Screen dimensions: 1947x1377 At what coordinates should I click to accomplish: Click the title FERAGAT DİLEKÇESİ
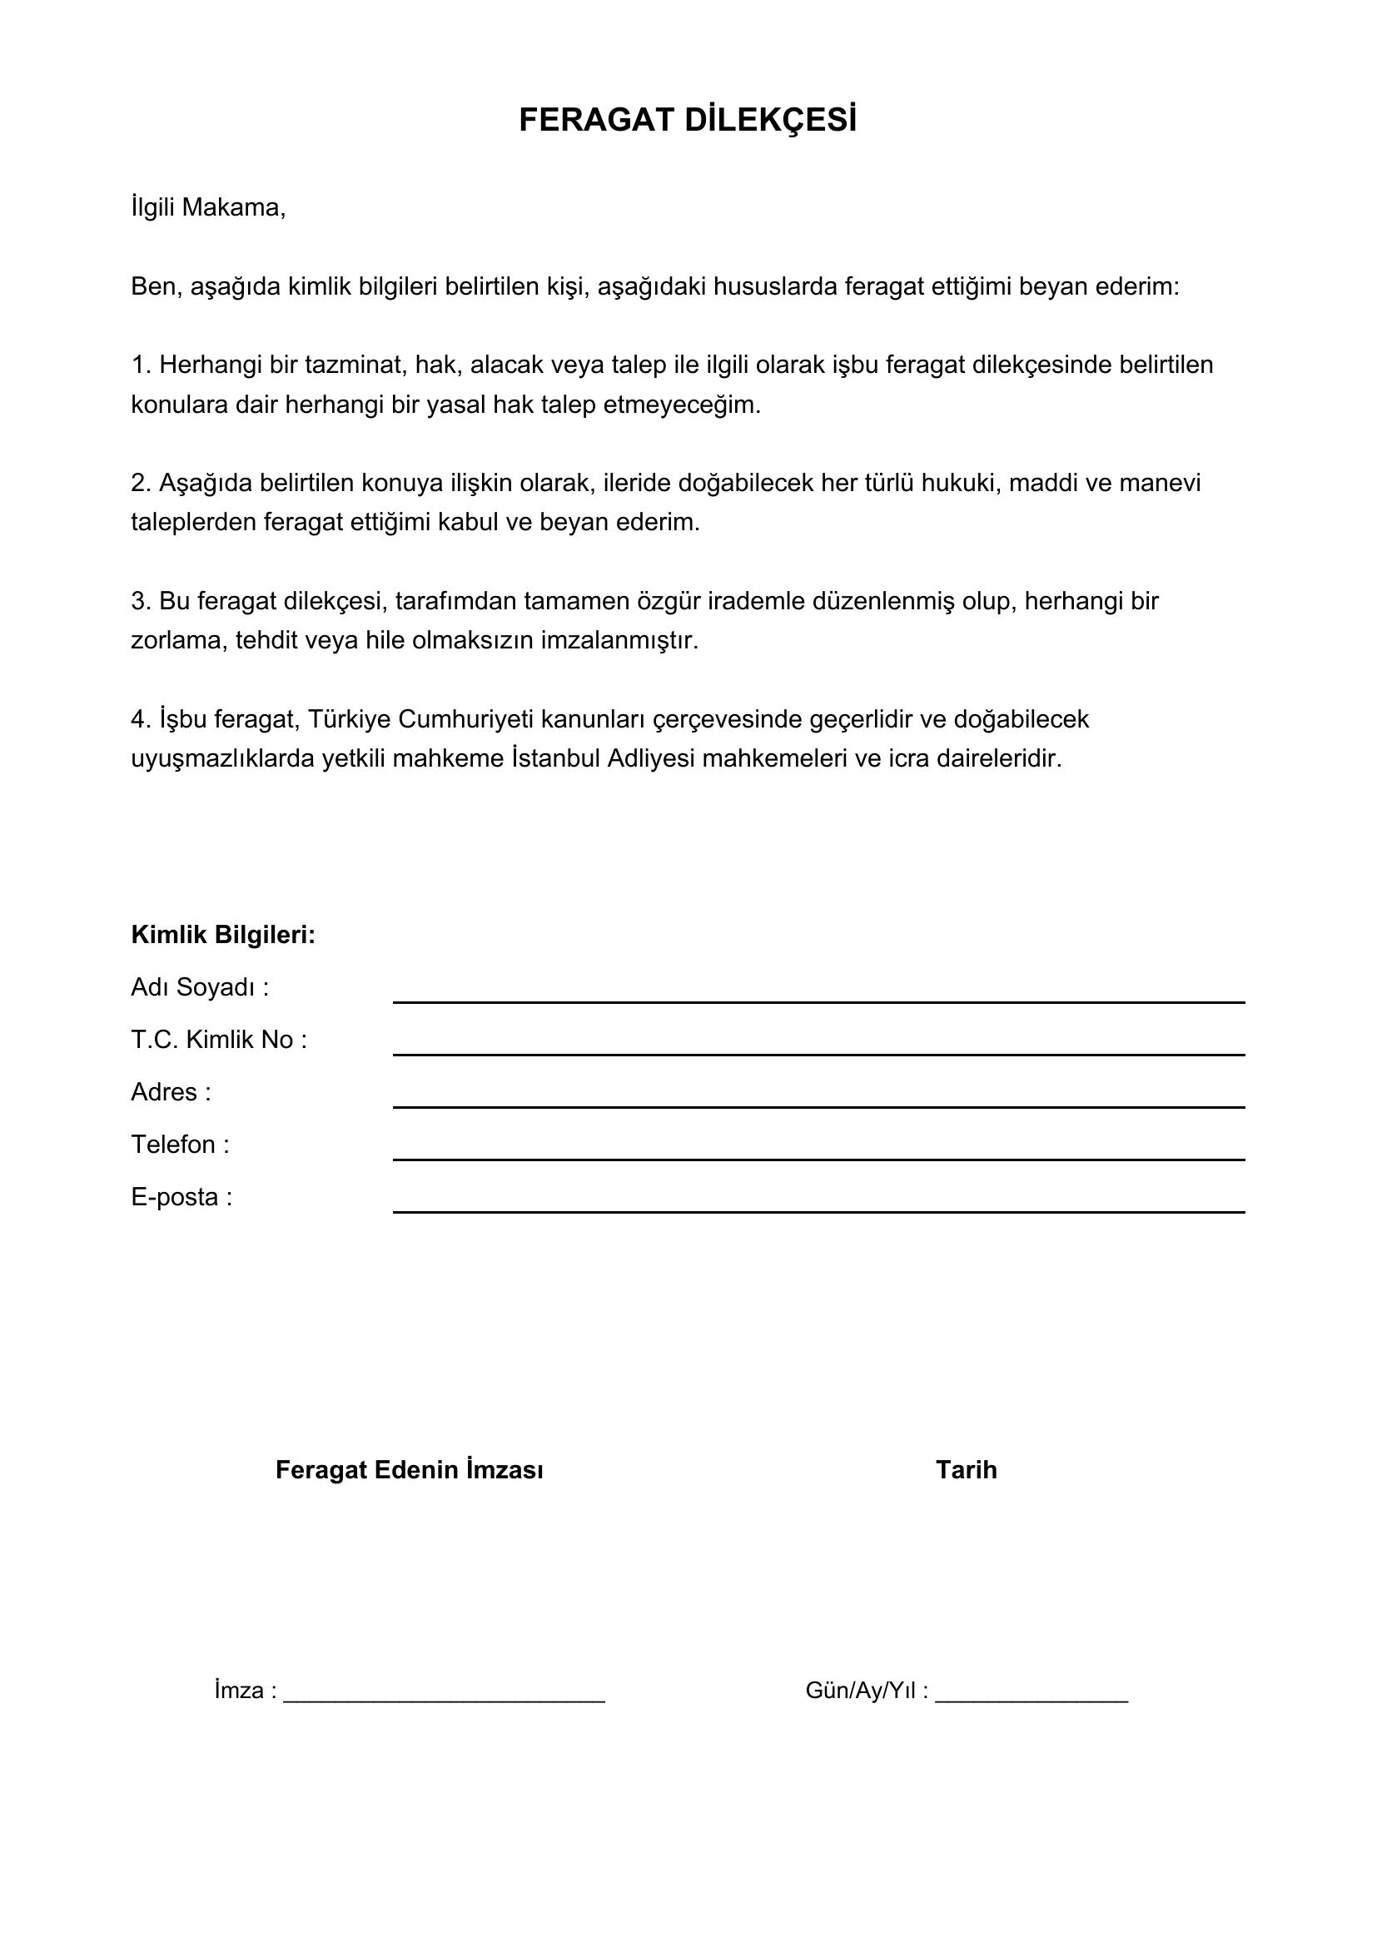688,122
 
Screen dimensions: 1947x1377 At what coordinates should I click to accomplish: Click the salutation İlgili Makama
208,208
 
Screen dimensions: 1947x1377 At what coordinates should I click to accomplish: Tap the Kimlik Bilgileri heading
223,935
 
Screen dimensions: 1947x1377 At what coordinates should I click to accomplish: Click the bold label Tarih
966,1469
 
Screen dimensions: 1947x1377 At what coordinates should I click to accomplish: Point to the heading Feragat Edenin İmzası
410,1469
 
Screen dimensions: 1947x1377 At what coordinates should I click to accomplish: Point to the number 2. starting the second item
141,484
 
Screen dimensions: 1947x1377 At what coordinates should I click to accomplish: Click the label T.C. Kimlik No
219,1040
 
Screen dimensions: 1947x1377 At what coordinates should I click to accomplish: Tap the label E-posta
181,1197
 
